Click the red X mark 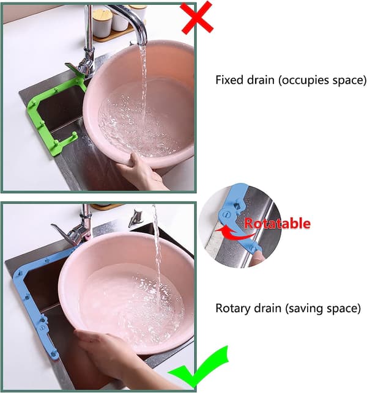pyautogui.click(x=198, y=17)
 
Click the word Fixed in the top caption pyautogui.click(x=230, y=80)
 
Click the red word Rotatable pyautogui.click(x=278, y=223)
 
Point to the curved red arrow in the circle pyautogui.click(x=236, y=233)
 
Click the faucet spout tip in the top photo pyautogui.click(x=142, y=43)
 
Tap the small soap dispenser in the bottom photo pyautogui.click(x=136, y=218)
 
